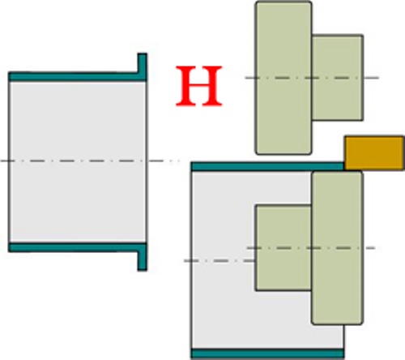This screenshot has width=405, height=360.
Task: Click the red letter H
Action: click(199, 86)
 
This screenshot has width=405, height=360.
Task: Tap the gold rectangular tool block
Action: click(374, 153)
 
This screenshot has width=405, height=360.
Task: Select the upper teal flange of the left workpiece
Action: click(143, 67)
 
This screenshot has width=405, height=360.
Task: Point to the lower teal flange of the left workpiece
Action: click(143, 257)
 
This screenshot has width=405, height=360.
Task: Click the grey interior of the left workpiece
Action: click(78, 162)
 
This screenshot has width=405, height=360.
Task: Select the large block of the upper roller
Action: click(283, 78)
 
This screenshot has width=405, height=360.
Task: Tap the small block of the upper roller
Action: click(338, 78)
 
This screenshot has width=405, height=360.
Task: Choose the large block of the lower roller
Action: click(337, 247)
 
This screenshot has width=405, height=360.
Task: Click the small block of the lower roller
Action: click(283, 248)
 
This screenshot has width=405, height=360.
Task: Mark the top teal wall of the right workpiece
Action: click(268, 166)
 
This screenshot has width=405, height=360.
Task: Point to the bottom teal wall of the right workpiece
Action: click(268, 354)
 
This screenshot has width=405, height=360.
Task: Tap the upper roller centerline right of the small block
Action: click(371, 78)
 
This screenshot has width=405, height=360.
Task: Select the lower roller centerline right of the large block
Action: click(369, 248)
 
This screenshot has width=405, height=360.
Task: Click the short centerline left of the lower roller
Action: click(220, 261)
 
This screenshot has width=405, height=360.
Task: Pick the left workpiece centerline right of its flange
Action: click(164, 161)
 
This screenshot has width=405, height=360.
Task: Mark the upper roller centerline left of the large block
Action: click(250, 78)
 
